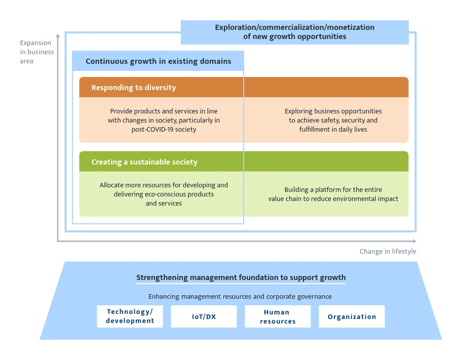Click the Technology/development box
130,316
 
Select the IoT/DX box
204,316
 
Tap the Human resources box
278,316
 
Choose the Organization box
352,316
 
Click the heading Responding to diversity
134,88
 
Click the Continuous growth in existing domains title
158,61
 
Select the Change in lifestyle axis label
388,252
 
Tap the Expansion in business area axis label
37,52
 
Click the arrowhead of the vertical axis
58,35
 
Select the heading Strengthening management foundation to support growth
241,277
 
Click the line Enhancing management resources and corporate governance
240,296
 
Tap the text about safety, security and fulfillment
333,121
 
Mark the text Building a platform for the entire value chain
333,194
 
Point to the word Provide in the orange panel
122,111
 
